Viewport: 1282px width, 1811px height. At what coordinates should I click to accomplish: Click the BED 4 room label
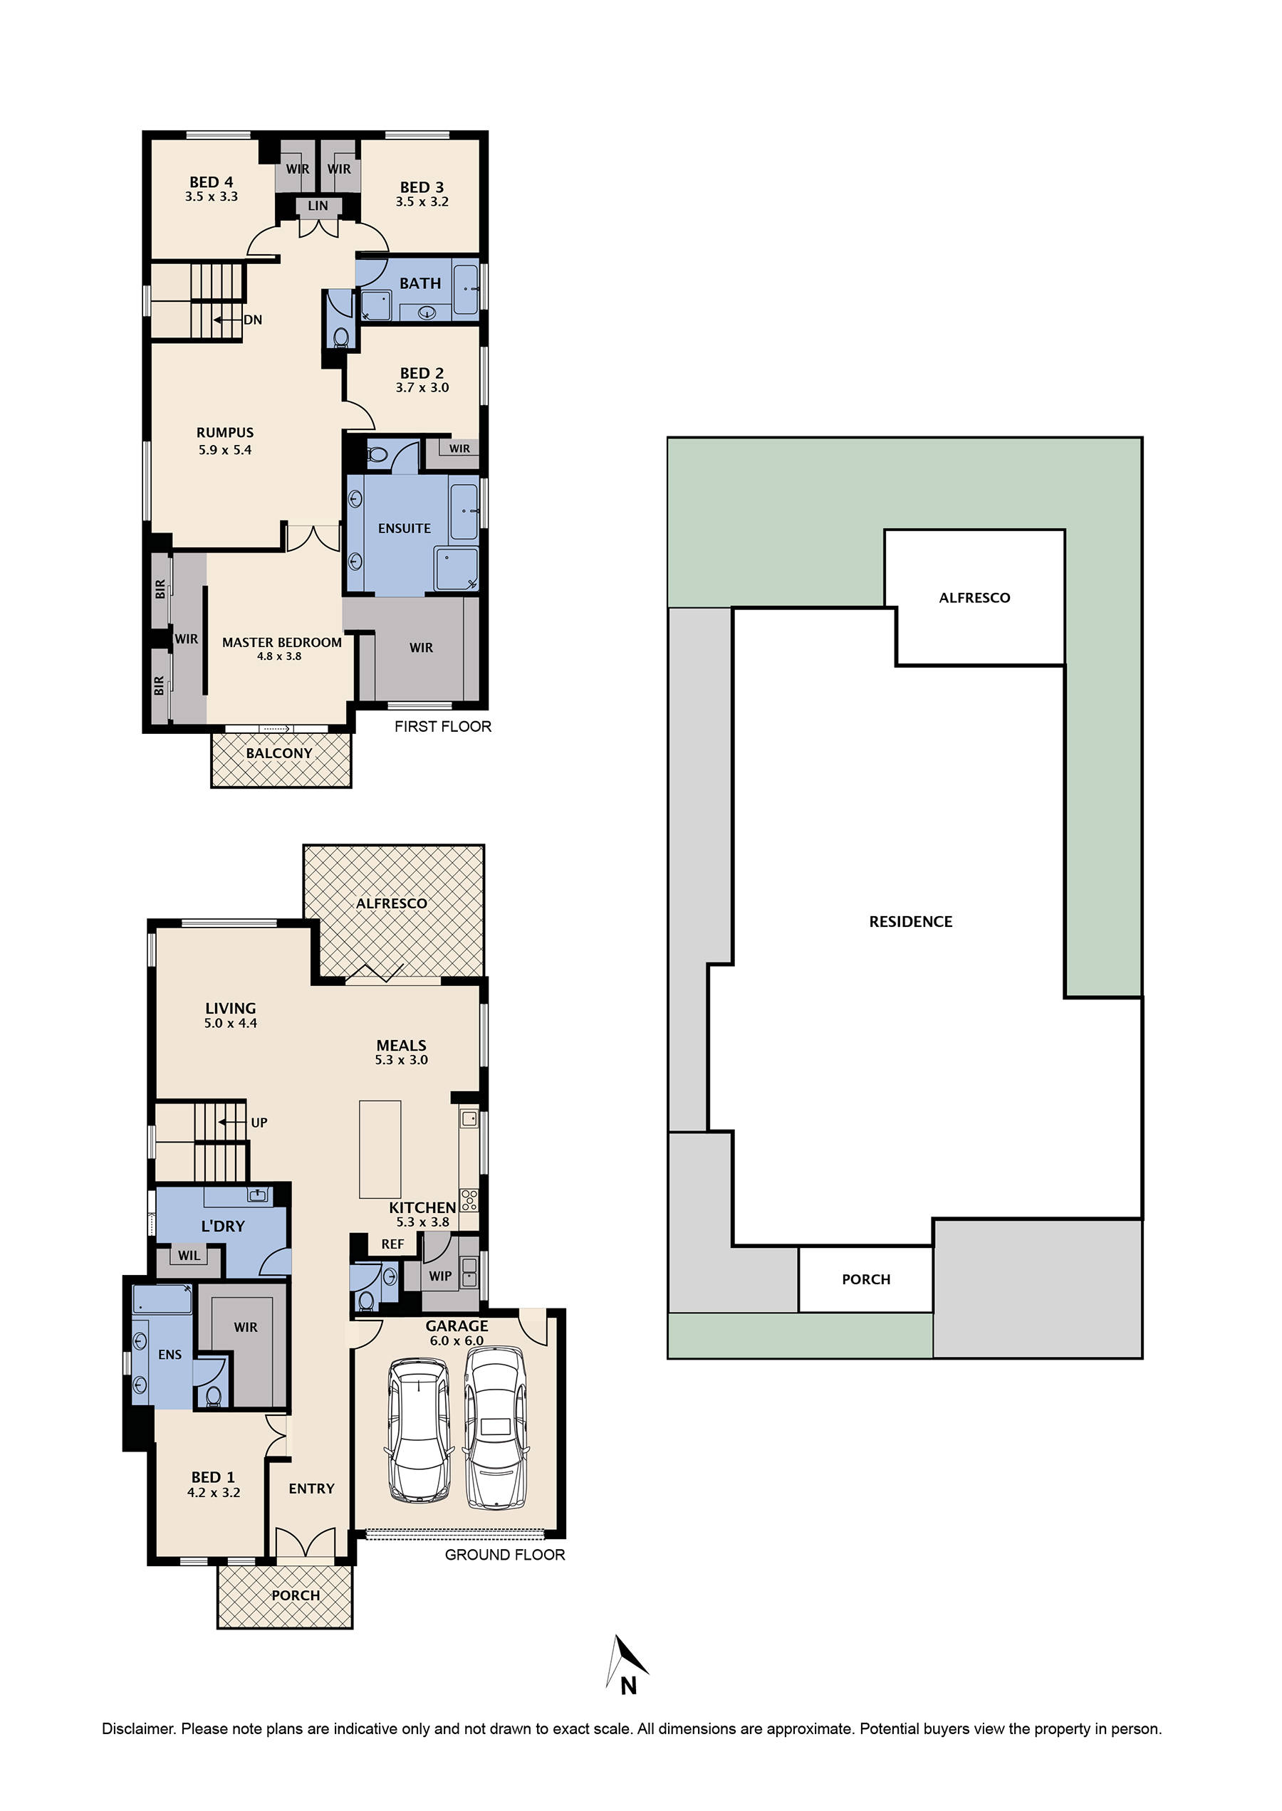point(211,182)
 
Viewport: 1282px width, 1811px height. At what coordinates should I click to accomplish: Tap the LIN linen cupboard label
point(318,206)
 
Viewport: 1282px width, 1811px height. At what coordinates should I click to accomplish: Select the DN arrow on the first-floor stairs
point(228,320)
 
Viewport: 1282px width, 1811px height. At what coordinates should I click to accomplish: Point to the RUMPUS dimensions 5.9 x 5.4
point(225,450)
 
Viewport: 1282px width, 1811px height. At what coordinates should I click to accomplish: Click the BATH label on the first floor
point(420,283)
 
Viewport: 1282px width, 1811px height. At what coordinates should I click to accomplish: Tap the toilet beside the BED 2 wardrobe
point(377,454)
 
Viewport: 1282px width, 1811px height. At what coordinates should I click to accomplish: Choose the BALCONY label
point(278,753)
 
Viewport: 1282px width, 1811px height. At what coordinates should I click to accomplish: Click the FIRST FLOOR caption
point(442,726)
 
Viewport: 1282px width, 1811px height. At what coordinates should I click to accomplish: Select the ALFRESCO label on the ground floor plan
point(392,903)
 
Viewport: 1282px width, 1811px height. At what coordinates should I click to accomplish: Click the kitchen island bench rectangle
point(380,1149)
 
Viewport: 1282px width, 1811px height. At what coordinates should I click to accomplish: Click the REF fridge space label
point(392,1244)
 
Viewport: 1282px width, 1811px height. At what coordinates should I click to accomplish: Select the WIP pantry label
point(439,1275)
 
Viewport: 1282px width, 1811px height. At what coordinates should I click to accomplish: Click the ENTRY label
point(311,1489)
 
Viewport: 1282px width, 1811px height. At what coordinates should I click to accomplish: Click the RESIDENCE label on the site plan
point(910,921)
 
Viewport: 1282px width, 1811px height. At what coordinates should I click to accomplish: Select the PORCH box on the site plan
point(865,1279)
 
